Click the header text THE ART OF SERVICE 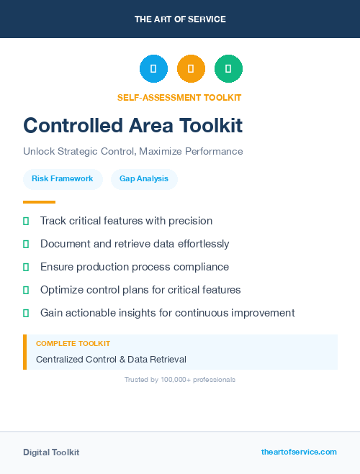coord(180,19)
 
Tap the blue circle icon coord(153,69)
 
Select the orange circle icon coord(191,69)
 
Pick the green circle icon coord(228,69)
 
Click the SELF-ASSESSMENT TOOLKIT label coord(179,98)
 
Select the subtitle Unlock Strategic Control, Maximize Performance coord(132,152)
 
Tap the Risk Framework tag coord(62,178)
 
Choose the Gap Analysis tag coord(144,178)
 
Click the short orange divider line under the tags coord(39,202)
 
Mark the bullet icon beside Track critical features coord(26,221)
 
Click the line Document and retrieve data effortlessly coord(135,244)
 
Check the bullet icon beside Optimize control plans coord(26,290)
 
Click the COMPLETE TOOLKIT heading coord(73,344)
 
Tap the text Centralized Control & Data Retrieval coord(111,359)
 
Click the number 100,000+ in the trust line coord(171,379)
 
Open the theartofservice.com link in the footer coord(299,452)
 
